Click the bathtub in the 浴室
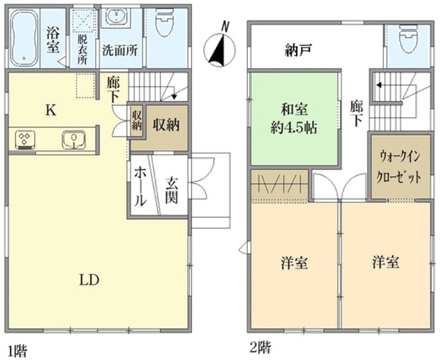(24, 38)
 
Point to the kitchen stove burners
(25, 139)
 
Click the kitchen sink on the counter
(74, 139)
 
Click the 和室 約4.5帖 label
(294, 119)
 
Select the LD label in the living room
(90, 280)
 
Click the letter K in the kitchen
(51, 111)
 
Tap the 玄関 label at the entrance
(171, 190)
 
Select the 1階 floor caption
(18, 351)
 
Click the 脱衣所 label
(82, 50)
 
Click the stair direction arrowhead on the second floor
(379, 85)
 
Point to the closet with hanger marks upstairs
(280, 186)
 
